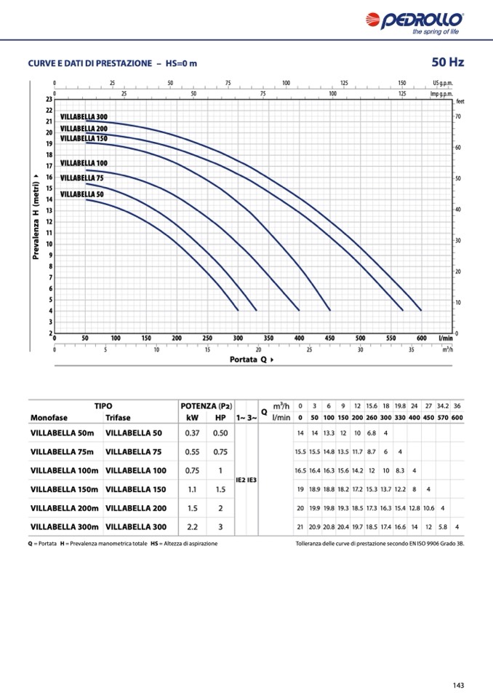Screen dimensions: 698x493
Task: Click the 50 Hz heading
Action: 447,62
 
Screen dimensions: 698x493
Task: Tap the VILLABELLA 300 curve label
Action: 84,117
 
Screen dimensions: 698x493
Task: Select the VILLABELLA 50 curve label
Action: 81,194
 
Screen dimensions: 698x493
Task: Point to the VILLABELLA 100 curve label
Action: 84,163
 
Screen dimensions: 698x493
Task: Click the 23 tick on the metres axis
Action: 49,99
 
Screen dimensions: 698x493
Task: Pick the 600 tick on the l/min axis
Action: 421,338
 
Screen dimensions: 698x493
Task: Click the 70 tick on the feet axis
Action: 458,116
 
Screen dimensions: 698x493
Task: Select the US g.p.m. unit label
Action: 442,83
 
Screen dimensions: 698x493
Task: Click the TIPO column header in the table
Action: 103,405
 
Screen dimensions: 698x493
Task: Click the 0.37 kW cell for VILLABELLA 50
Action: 192,433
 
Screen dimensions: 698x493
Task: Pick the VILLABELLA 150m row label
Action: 64,489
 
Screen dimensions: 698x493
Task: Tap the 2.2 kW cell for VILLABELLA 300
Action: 192,527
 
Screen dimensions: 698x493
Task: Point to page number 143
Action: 458,685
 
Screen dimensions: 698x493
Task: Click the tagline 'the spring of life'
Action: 435,32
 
